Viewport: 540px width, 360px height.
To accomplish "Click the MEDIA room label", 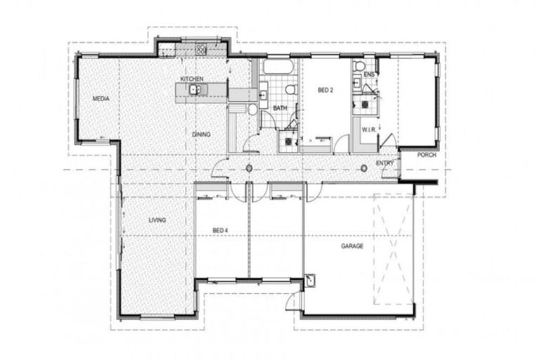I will tap(101, 98).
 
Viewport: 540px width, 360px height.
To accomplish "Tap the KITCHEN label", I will tap(191, 78).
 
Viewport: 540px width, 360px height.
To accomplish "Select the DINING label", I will tap(201, 134).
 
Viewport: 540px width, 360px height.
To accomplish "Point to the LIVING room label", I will tap(157, 220).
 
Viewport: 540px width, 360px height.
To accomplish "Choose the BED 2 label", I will tap(324, 90).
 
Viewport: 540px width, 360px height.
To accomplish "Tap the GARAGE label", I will tap(352, 246).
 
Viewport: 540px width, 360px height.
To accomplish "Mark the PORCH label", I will tap(426, 155).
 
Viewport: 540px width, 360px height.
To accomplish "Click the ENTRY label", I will tap(385, 163).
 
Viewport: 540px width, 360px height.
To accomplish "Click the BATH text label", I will tap(279, 108).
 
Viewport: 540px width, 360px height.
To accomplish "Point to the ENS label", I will tap(369, 74).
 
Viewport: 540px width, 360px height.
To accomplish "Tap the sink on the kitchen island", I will tap(195, 89).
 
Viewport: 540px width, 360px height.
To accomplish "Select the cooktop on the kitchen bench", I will tap(200, 49).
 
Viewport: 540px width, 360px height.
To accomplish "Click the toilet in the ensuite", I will tap(360, 66).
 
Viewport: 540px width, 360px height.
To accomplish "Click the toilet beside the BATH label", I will tap(290, 89).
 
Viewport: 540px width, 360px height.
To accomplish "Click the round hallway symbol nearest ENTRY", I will tap(364, 167).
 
